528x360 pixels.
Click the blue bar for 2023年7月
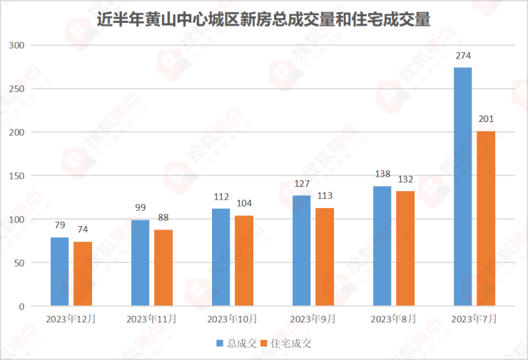463,187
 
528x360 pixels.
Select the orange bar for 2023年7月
486,219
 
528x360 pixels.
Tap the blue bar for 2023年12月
60,272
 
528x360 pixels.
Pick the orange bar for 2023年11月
163,268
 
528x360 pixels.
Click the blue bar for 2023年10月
221,257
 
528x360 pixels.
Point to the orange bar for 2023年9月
325,257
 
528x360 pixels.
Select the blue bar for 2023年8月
382,246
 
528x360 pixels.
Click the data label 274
463,56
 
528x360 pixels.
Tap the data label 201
486,119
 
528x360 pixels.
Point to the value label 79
60,225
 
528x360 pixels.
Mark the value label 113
325,196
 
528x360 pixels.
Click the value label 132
405,180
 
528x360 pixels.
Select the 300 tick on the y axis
16,46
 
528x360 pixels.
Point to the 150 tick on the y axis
16,176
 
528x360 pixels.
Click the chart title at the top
263,18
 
